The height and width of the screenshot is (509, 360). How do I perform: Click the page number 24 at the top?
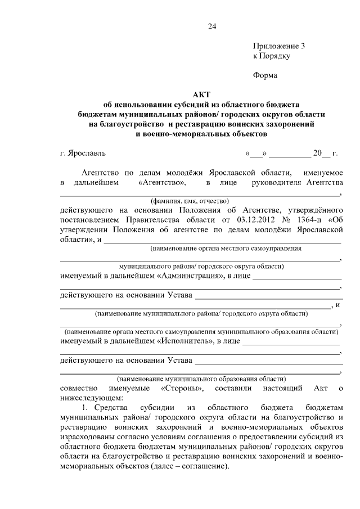click(x=211, y=26)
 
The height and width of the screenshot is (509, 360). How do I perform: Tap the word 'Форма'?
click(x=265, y=74)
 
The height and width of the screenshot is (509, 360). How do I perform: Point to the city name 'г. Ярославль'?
click(x=83, y=153)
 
